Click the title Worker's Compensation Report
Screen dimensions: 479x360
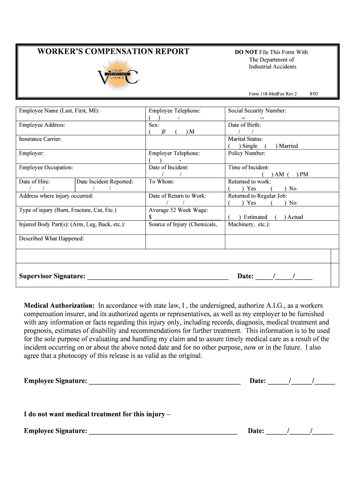[113, 51]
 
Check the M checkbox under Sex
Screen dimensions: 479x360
[181, 132]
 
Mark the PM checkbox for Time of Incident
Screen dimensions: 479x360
[292, 174]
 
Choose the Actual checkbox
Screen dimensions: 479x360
[280, 217]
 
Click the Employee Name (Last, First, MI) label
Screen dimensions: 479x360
[59, 111]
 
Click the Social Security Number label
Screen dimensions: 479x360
[257, 111]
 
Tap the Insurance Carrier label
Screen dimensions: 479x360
[40, 139]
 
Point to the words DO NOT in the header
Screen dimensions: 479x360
[246, 52]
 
